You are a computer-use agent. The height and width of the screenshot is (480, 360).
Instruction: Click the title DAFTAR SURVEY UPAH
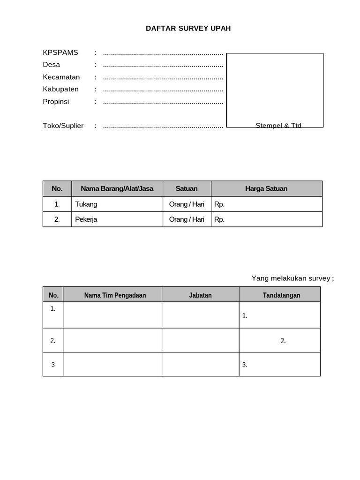point(188,29)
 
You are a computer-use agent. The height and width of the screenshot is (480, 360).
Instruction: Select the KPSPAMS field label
point(60,52)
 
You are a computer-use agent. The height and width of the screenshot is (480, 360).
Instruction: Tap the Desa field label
point(52,65)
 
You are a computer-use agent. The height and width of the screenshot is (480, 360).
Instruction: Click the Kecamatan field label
point(61,77)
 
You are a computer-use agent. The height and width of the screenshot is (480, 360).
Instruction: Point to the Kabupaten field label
point(61,89)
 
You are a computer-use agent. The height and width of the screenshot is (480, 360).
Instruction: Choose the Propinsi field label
point(56,101)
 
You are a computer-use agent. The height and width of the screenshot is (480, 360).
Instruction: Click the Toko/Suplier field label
point(63,126)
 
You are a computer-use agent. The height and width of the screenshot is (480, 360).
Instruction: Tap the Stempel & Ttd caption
point(278,126)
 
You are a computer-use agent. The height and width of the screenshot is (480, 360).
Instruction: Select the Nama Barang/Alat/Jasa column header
point(117,188)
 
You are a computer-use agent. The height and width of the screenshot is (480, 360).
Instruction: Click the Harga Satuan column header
point(266,188)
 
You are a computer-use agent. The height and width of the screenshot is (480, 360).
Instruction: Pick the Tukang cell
point(86,204)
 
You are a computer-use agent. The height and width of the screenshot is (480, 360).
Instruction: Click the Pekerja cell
point(86,219)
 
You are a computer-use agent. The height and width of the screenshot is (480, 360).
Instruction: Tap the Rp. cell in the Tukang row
point(219,204)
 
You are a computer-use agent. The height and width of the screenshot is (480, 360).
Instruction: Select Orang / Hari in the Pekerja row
point(187,219)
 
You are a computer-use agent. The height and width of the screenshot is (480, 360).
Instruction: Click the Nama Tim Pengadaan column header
point(115,295)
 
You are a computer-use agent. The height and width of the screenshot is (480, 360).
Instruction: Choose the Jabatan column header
point(200,295)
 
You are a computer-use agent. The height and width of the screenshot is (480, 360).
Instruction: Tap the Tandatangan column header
point(281,295)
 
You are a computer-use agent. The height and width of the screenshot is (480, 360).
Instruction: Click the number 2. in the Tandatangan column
point(283,341)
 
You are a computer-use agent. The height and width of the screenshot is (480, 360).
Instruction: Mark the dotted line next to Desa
point(163,65)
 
